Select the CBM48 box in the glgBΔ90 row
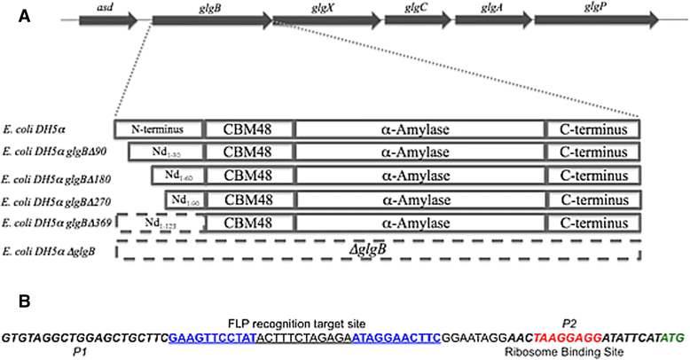[249, 153]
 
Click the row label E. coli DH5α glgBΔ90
[56, 153]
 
